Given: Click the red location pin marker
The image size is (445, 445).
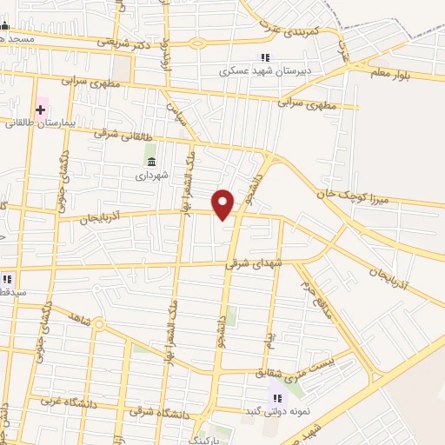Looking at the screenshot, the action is (x=223, y=204).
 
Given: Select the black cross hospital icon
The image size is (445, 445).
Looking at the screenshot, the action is (x=41, y=109).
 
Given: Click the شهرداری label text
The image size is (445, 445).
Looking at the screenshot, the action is (x=149, y=176).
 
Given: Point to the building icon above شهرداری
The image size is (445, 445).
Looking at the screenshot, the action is (x=151, y=162).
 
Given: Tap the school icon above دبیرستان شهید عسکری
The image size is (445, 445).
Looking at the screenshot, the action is (x=266, y=58).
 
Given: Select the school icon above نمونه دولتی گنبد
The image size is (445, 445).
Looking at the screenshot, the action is (x=278, y=397).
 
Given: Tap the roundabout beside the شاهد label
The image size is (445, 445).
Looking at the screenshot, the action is (x=98, y=324).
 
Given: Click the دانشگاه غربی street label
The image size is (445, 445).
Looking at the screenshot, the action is (x=63, y=403).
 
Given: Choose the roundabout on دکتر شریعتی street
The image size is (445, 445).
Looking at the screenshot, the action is (x=196, y=42).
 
